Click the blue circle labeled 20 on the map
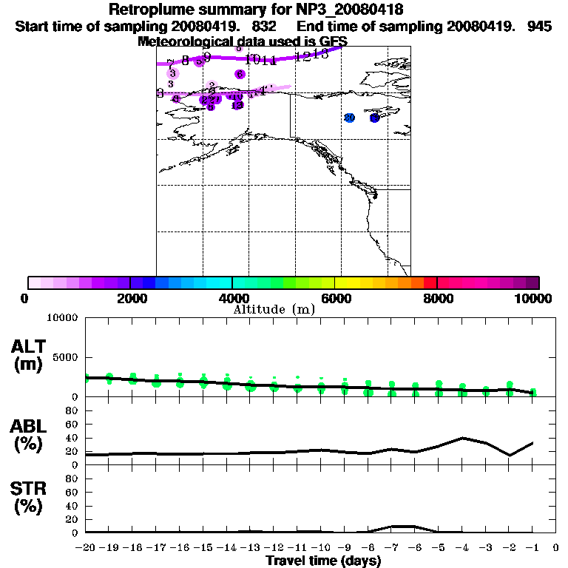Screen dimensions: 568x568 pos(350,118)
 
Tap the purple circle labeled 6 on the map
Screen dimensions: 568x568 pos(240,74)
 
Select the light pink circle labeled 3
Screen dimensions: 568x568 pos(172,73)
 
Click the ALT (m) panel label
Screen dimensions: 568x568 pos(29,354)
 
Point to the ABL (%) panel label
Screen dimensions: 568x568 pos(29,436)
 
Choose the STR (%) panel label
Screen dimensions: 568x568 pos(29,498)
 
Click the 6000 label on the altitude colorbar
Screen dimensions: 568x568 pos(335,298)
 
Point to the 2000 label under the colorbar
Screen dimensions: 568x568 pos(130,298)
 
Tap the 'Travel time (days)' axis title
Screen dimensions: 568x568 pos(323,561)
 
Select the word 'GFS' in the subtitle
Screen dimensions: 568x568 pos(333,41)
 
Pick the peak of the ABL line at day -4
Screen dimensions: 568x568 pos(462,438)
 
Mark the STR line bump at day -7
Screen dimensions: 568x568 pos(392,526)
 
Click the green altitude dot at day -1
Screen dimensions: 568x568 pos(533,392)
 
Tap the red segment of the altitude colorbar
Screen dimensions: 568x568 pos(430,283)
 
